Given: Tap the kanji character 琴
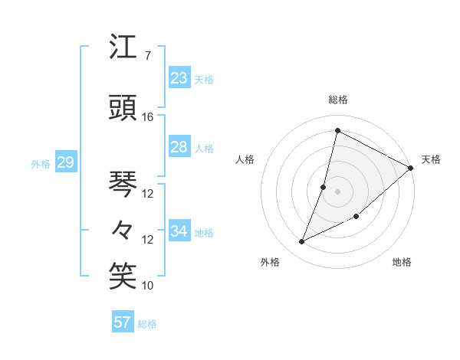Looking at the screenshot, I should (123, 184).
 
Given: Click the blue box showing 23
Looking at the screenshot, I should (179, 78).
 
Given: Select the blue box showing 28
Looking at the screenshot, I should (179, 147).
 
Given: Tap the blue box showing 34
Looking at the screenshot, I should (179, 231).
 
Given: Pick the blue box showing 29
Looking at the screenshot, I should (65, 162).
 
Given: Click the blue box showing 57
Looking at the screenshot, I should (123, 322).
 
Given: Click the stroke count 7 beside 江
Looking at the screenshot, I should (147, 55).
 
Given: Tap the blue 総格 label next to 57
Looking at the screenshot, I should (147, 324).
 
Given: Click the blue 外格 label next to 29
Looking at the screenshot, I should (41, 164).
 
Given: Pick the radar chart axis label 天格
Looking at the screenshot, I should (431, 159).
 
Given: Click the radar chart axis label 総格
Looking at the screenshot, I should (338, 100).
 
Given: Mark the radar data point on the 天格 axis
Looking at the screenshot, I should (411, 168).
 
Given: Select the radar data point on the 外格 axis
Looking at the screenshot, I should (302, 242).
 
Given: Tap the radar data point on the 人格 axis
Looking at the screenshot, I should (324, 187).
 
